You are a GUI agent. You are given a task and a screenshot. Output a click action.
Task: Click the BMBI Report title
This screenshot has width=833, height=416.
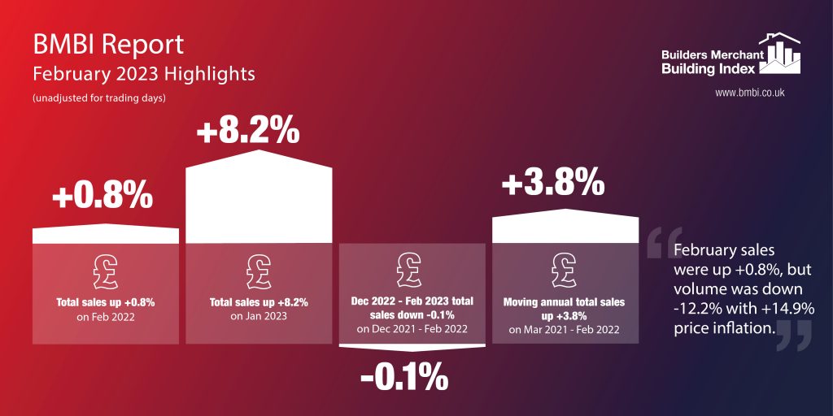108,44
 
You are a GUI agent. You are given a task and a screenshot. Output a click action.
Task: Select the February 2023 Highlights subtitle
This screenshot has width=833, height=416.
143,73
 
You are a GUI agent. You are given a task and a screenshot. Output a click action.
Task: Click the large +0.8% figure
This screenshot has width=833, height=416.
102,196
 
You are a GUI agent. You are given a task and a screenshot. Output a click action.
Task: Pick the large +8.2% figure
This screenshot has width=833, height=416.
248,131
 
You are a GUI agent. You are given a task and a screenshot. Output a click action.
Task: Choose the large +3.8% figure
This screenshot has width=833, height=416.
553,183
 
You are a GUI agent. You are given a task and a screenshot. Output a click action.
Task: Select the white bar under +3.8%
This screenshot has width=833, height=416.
565,225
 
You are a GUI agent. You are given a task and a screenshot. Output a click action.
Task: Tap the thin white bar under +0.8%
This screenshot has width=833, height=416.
106,234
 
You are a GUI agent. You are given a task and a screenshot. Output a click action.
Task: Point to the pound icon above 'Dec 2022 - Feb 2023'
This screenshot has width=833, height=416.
412,268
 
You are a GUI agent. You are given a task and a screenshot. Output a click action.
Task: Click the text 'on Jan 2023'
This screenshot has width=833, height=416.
259,317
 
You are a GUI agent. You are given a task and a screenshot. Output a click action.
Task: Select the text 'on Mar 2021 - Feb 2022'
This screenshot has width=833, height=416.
565,330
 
